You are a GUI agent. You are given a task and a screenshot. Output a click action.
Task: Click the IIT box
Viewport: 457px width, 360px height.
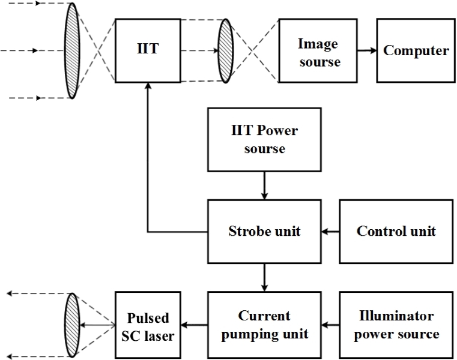tap(147, 51)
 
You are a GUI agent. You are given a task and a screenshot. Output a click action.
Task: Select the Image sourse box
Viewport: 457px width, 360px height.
tap(318, 51)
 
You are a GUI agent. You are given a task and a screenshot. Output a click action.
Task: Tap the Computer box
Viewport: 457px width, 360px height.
tap(415, 51)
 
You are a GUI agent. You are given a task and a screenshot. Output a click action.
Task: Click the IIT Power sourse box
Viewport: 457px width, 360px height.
tap(264, 139)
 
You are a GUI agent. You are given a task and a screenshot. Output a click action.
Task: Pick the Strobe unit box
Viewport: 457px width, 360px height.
tap(264, 231)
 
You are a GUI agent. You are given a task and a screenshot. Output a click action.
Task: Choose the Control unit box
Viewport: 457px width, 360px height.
tap(396, 231)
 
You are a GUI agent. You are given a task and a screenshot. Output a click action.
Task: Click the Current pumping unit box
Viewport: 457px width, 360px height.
tap(264, 325)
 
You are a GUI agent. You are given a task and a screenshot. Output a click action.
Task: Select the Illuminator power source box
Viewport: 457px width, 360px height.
tap(396, 325)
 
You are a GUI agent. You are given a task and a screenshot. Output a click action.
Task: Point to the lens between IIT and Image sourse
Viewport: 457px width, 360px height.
tap(226, 51)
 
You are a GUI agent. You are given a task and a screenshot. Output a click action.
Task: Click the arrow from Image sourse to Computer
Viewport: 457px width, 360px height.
tap(366, 51)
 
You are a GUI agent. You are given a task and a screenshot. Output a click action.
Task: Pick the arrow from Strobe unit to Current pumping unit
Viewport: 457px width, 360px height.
tap(264, 277)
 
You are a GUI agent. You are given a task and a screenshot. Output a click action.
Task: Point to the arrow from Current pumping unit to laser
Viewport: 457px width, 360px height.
tap(193, 325)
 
